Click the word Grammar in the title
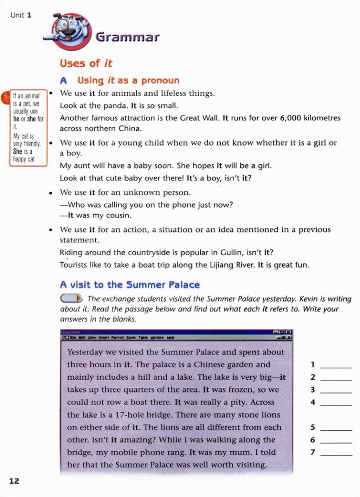click(x=127, y=37)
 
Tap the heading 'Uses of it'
click(x=86, y=63)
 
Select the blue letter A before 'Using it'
click(x=63, y=81)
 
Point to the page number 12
click(x=14, y=481)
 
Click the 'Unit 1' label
click(x=21, y=15)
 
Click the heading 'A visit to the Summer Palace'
click(x=130, y=285)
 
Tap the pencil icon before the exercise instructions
click(x=71, y=299)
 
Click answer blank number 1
click(x=336, y=365)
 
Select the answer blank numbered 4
click(x=336, y=403)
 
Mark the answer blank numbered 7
click(x=336, y=453)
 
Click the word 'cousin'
click(x=118, y=215)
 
